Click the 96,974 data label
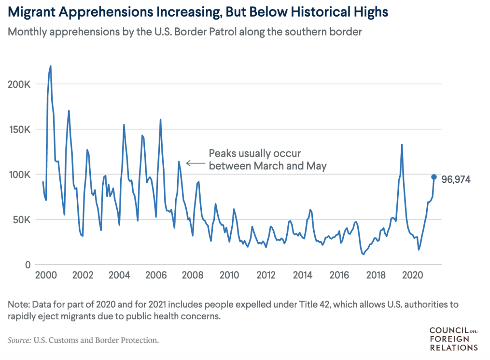click(x=456, y=180)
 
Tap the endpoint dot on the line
click(x=434, y=177)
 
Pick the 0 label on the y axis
click(x=28, y=265)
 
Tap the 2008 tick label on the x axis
click(x=193, y=276)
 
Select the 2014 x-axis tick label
click(x=303, y=276)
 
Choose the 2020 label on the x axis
click(x=413, y=276)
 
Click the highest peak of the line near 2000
click(x=50, y=66)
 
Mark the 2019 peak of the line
click(x=402, y=144)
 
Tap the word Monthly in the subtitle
click(x=26, y=31)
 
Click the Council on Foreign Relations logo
click(x=454, y=339)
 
